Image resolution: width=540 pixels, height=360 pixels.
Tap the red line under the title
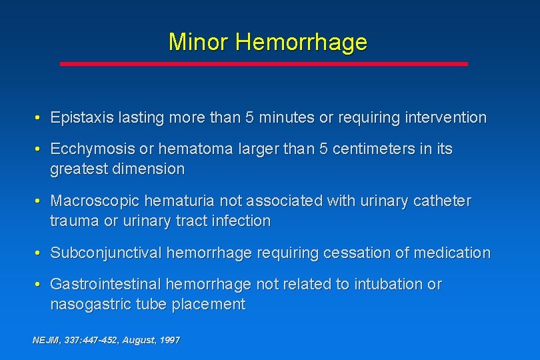pos(264,64)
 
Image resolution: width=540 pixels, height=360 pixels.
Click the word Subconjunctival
pos(106,253)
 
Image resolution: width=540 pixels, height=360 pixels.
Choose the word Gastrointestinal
pos(105,285)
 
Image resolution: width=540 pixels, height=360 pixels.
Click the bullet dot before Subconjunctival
pos(40,253)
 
